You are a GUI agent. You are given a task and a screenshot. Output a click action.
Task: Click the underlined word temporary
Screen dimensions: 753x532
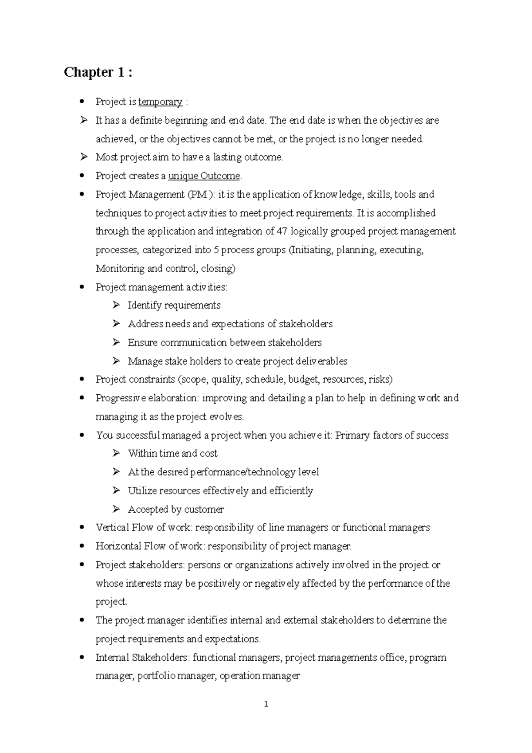[160, 102]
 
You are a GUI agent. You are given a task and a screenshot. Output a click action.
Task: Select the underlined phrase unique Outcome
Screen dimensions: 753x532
[204, 176]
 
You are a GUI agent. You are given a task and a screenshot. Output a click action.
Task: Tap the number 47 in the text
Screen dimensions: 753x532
[282, 231]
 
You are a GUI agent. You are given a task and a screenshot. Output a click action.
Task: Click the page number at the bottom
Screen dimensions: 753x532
[266, 704]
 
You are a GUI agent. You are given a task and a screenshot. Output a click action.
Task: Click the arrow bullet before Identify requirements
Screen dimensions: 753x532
[116, 305]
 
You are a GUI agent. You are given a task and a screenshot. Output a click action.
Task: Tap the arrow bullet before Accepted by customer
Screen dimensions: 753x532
[116, 509]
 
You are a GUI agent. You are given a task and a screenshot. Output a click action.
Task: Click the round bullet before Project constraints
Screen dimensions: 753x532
[81, 380]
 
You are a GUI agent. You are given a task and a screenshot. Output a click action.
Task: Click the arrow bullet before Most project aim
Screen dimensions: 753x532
[84, 157]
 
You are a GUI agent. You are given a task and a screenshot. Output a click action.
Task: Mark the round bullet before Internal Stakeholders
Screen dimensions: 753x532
[81, 658]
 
